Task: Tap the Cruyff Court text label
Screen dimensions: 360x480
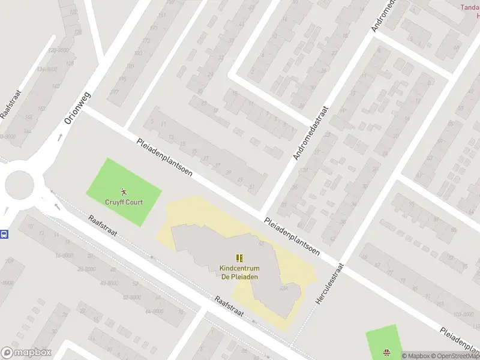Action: tap(124, 202)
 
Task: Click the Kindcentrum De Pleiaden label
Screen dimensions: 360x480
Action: tap(239, 272)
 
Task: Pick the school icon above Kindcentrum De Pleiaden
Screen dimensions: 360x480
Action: tap(239, 258)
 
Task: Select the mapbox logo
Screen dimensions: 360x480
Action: tap(26, 353)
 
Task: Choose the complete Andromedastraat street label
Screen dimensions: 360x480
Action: tap(312, 133)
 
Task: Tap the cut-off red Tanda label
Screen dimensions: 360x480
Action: tap(470, 7)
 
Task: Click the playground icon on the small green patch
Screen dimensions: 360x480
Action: tap(386, 353)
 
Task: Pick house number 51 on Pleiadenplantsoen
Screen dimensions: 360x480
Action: tap(251, 187)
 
